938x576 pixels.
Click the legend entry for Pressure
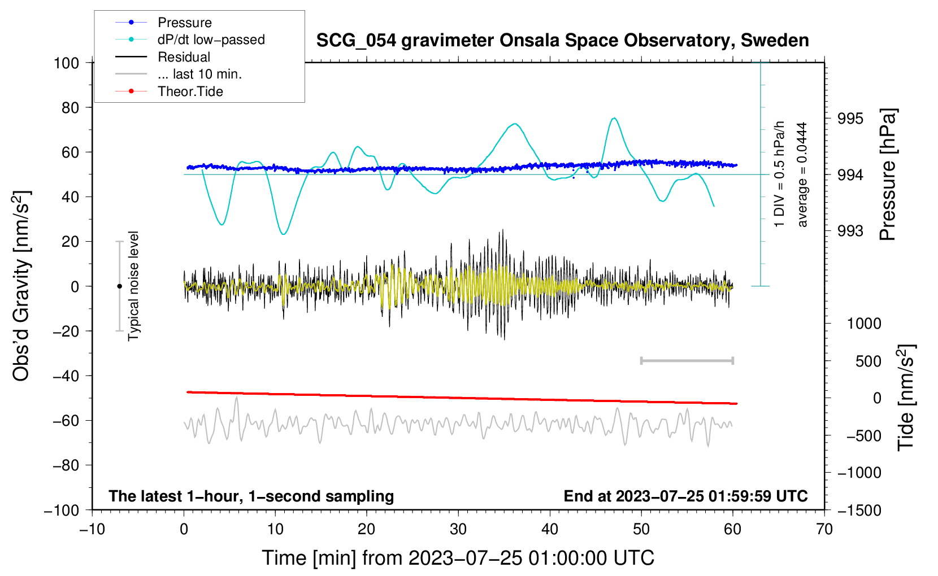163,22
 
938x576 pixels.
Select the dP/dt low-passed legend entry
190,40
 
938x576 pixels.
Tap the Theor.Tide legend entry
169,91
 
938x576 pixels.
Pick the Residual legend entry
163,57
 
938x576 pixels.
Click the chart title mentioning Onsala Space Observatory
562,41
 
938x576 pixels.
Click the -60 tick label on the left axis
66,421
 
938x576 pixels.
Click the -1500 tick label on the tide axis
859,510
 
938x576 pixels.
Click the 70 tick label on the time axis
824,530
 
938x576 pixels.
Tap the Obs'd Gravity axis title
21,286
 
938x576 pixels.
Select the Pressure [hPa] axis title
887,174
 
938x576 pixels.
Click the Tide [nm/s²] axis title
906,398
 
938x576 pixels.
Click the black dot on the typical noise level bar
119,286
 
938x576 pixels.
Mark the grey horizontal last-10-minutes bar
687,361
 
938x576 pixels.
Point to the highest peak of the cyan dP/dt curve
614,118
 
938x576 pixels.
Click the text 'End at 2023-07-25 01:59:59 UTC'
685,496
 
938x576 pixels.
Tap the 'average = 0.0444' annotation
801,175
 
